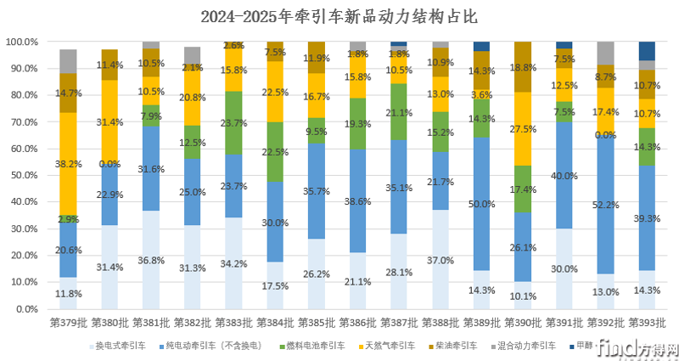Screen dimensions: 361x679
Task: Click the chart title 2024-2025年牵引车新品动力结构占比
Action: coord(339,16)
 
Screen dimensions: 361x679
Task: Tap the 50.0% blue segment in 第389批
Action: coord(481,204)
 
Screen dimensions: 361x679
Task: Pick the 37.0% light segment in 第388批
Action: coord(440,259)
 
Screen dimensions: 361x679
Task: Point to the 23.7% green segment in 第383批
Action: coord(233,122)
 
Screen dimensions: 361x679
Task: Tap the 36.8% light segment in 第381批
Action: coord(151,260)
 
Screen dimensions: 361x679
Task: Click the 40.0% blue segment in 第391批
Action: coord(564,176)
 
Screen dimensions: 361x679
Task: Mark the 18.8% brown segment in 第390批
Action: coord(522,67)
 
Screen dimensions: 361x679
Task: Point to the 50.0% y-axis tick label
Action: coord(21,176)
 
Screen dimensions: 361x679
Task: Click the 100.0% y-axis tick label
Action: coord(21,42)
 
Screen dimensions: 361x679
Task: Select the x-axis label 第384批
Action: coord(273,323)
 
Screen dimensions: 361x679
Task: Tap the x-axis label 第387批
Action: coord(398,323)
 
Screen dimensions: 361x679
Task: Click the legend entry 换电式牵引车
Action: coord(119,346)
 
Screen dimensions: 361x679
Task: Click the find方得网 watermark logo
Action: coord(637,347)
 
